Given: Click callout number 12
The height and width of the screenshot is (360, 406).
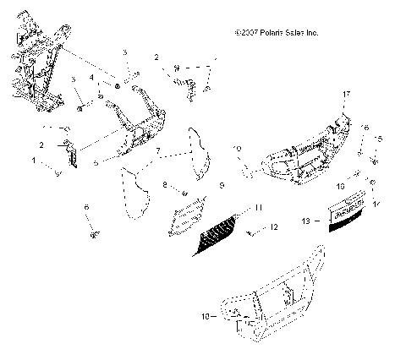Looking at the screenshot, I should (x=275, y=227).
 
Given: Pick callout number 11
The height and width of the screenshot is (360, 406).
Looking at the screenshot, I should (x=259, y=206).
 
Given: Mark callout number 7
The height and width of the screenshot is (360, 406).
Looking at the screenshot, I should (x=157, y=154).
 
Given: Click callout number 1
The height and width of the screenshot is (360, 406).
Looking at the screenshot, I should (x=35, y=159).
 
